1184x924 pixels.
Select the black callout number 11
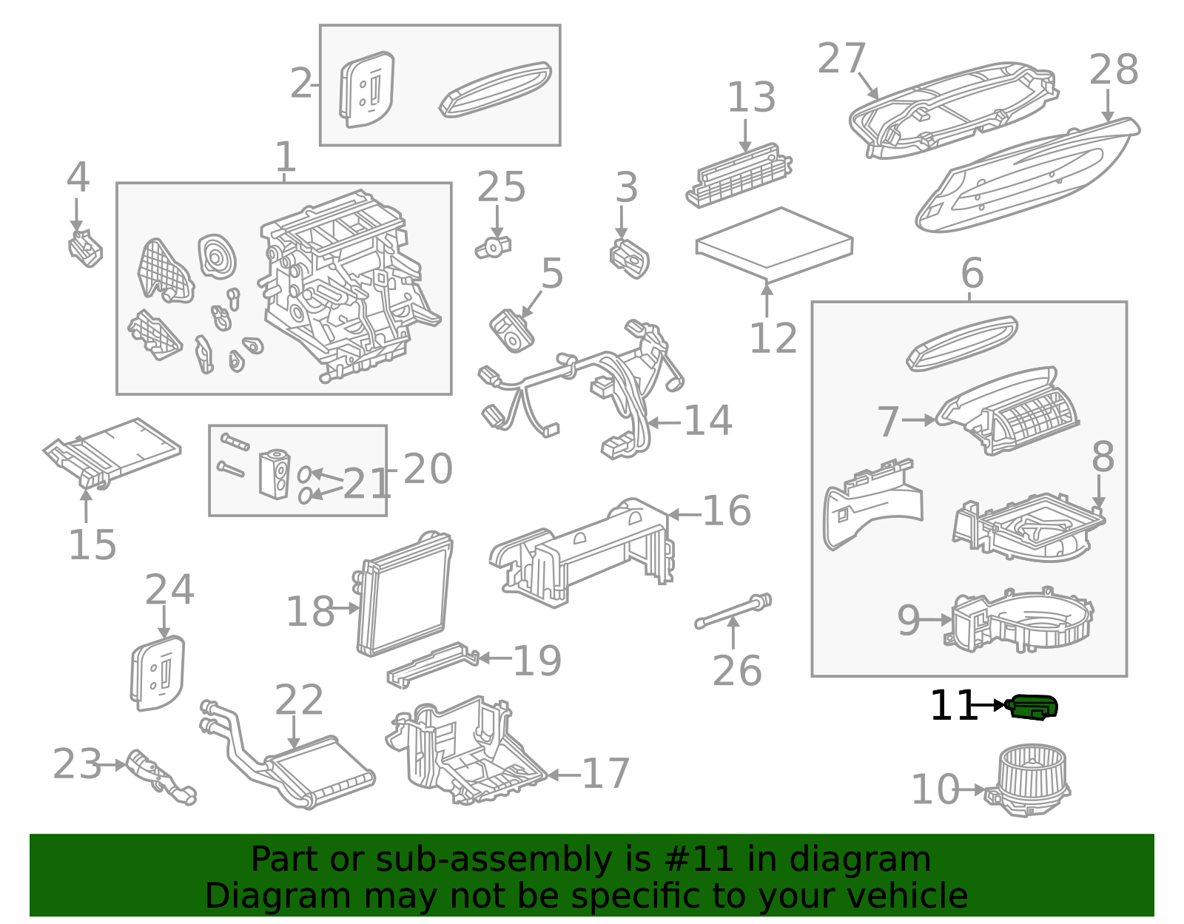[952, 707]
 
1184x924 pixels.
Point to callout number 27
[841, 58]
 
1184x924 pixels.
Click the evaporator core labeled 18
[404, 596]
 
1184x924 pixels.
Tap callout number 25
[501, 187]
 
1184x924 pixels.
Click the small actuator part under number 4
[85, 249]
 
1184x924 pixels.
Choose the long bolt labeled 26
[733, 611]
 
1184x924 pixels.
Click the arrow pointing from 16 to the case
[683, 514]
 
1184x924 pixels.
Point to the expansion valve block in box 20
[274, 473]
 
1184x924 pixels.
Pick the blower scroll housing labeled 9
[1021, 622]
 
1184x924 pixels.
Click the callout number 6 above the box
[972, 273]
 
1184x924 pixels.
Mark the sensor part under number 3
[630, 258]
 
